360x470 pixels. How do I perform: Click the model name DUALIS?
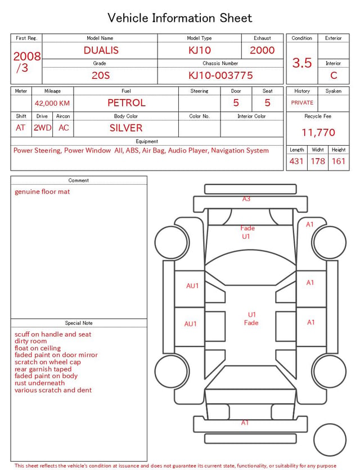pos(101,50)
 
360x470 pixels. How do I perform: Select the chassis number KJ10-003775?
pos(220,75)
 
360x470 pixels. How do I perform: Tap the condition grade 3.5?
pos(302,63)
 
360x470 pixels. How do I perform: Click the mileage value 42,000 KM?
pos(52,104)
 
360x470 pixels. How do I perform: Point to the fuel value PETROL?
pos(127,103)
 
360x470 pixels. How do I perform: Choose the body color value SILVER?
pos(126,128)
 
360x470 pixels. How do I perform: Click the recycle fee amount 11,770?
pos(318,132)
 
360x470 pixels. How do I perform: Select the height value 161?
pos(339,161)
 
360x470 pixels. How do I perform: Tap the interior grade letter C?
pos(334,75)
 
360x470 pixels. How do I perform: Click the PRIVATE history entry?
pos(302,103)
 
